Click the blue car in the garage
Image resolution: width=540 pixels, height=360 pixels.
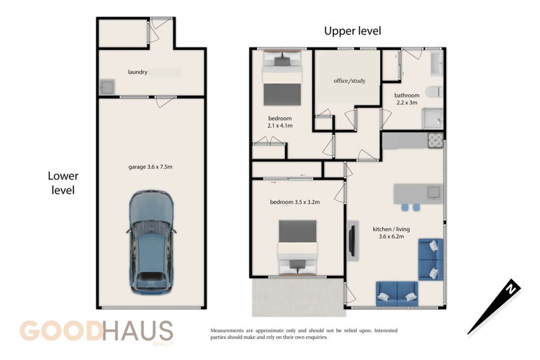click(x=151, y=242)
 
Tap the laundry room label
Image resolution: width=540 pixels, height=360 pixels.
click(x=138, y=72)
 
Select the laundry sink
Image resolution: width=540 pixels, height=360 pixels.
click(x=107, y=87)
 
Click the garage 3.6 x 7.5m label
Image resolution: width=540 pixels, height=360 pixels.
click(x=150, y=167)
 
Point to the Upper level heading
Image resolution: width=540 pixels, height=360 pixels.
click(x=352, y=31)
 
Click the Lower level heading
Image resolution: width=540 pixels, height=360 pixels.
click(x=63, y=183)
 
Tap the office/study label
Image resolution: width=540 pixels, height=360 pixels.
click(x=349, y=81)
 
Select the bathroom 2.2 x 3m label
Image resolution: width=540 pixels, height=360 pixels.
click(x=407, y=99)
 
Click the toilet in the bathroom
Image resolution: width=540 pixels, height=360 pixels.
click(x=434, y=92)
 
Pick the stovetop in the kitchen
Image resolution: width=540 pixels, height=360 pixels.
click(x=435, y=140)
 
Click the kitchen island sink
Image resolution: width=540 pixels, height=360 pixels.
click(x=433, y=192)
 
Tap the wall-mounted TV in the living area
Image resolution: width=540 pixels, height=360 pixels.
click(x=352, y=240)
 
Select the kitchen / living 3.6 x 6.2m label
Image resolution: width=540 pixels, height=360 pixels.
click(x=391, y=233)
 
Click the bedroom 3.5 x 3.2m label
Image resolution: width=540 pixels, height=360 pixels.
click(x=295, y=202)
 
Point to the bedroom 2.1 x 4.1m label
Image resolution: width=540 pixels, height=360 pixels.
click(x=279, y=122)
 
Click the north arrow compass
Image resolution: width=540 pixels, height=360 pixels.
click(x=494, y=306)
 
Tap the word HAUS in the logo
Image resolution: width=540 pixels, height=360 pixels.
click(x=138, y=331)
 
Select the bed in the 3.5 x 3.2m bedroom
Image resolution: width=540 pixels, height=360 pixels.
click(x=298, y=247)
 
